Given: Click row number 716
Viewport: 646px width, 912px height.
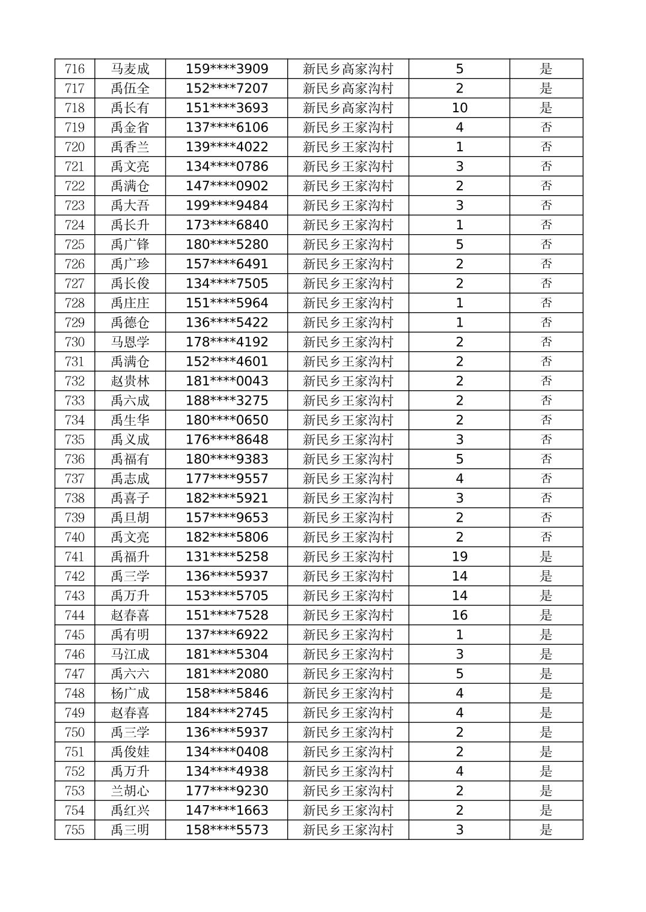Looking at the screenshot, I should coord(75,69).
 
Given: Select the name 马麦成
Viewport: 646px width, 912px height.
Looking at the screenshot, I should coord(130,69).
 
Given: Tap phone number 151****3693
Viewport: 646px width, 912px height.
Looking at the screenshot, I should coord(227,108).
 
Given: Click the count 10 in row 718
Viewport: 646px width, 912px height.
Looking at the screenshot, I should coord(459,108).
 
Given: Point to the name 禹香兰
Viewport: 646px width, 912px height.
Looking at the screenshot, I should coord(130,147).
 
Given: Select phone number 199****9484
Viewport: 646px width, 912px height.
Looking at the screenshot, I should coord(227,205).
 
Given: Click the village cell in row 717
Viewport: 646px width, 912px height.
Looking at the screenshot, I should coord(348,89).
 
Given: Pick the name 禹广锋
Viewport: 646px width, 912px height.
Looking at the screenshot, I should coord(130,244).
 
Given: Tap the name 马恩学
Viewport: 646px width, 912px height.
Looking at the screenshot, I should coord(130,342).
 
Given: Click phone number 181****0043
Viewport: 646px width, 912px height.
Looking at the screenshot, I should coord(227,381).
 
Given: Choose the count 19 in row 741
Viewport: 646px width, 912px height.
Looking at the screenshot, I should coord(459,557).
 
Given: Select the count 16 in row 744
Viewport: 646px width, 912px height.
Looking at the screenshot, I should coord(459,615).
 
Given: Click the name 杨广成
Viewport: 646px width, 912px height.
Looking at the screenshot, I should coord(130,693).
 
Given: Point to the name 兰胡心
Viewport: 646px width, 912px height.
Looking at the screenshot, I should coord(130,791).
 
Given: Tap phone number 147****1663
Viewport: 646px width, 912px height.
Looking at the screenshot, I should coord(227,811).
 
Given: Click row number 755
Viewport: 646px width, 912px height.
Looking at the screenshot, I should coord(75,830).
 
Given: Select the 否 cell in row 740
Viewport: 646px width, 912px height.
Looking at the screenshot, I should coord(546,537).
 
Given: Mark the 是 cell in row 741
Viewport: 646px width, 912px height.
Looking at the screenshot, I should coord(546,557).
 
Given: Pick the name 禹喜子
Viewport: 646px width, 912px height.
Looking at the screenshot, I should coord(130,498).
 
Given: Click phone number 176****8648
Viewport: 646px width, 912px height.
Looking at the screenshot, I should coord(227,439).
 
